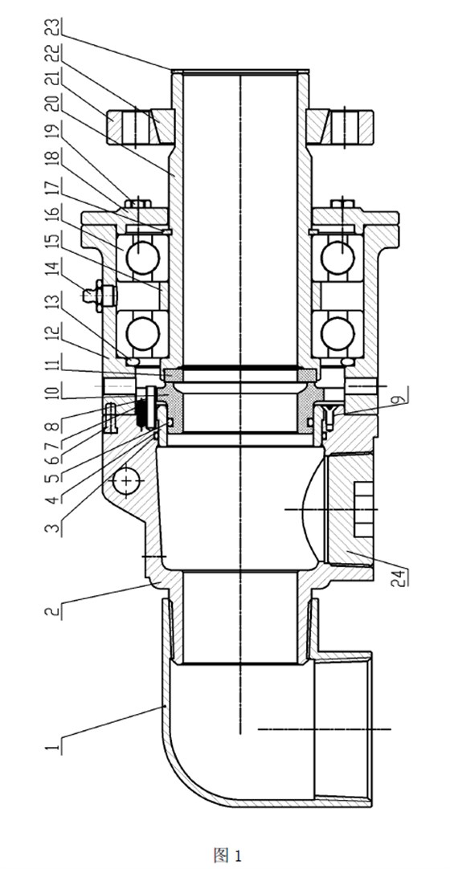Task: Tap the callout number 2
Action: click(x=53, y=612)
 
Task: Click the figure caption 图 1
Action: click(x=227, y=855)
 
